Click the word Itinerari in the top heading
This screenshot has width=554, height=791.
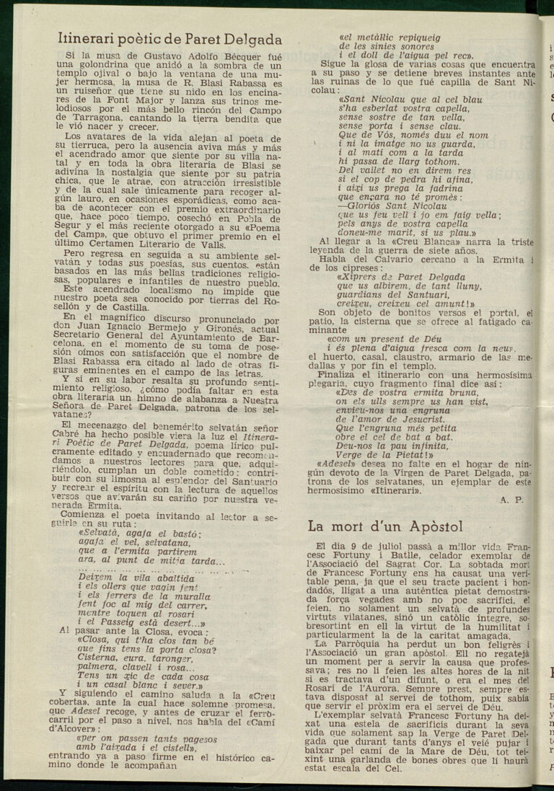[89, 39]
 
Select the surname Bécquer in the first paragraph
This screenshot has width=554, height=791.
[229, 56]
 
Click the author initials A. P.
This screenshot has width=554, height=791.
[510, 498]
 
